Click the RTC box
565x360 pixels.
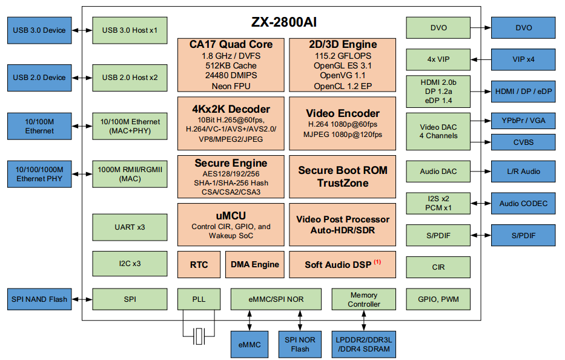[x=199, y=264]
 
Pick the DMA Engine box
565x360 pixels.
[x=255, y=264]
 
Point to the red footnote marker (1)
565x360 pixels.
[x=377, y=262]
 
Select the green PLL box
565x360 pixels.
[x=199, y=299]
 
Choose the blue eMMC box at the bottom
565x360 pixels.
[x=249, y=345]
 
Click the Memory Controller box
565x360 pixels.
[x=364, y=299]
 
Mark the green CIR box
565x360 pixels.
[x=438, y=267]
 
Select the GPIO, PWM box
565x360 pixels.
[x=438, y=299]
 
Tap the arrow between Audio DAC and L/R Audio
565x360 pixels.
[x=480, y=172]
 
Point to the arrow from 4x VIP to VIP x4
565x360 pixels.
[x=480, y=59]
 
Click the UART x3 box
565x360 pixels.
[x=130, y=227]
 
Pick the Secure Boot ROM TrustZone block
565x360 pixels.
[x=342, y=176]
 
